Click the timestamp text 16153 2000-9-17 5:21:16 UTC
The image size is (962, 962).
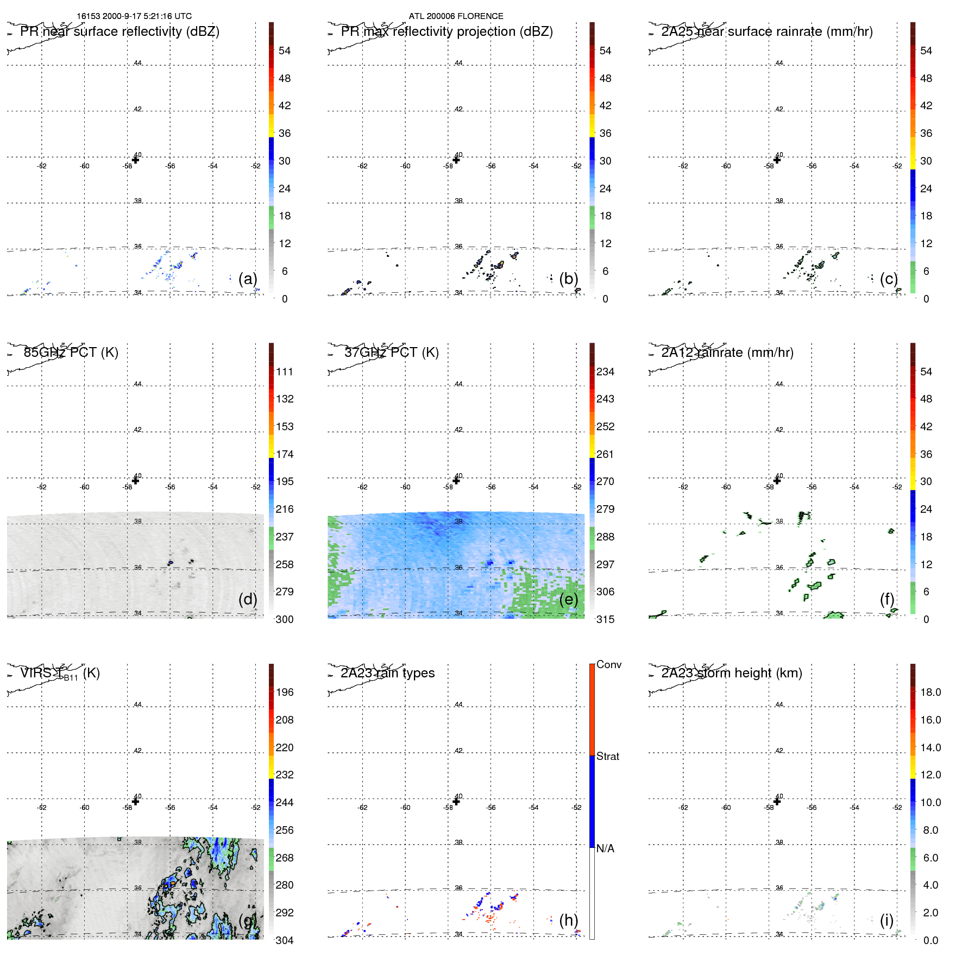coord(134,16)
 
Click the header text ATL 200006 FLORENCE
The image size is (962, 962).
coord(456,16)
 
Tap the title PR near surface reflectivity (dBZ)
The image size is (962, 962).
coord(120,32)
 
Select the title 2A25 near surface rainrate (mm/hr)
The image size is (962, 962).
coord(766,32)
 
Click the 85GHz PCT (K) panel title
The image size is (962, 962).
coord(71,353)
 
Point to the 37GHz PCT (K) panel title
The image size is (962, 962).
coord(391,353)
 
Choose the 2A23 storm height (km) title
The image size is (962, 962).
coord(731,673)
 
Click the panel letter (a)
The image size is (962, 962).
coord(248,279)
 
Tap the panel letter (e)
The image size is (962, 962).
coord(568,599)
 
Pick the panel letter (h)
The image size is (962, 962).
coord(568,920)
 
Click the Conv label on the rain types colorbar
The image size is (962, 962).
coord(608,664)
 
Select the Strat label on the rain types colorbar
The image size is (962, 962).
coord(607,756)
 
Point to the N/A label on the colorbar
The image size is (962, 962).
coord(605,848)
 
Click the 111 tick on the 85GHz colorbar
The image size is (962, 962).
coord(284,372)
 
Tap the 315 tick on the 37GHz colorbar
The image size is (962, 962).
coord(605,619)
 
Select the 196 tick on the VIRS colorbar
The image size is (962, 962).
coord(284,692)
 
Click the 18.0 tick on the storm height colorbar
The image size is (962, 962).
coord(930,692)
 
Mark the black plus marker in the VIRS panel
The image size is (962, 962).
coord(136,801)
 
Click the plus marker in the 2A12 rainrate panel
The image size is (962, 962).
coord(777,481)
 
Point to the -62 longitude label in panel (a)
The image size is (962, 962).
coord(42,166)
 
